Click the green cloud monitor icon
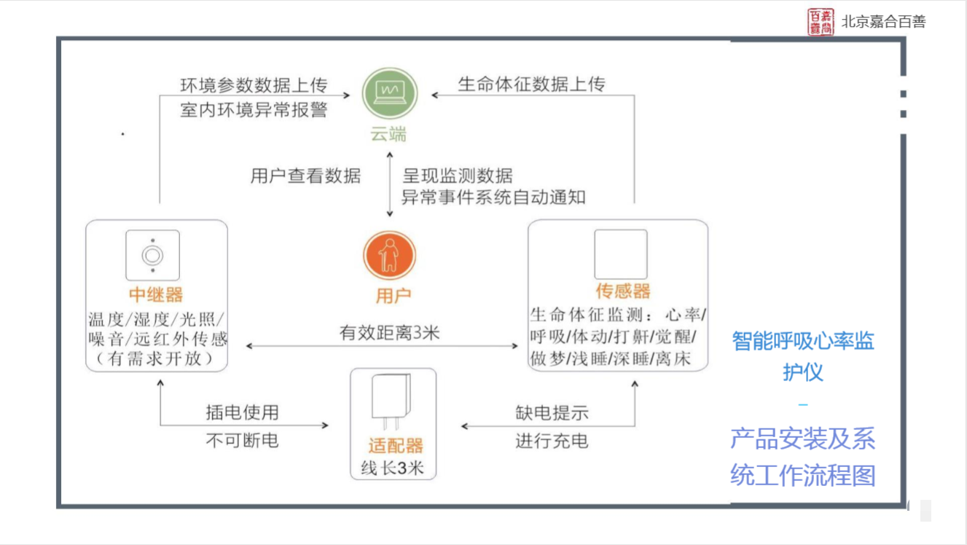point(390,94)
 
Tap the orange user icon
point(390,254)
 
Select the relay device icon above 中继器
point(152,255)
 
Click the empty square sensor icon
point(620,254)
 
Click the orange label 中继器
point(156,294)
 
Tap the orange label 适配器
point(395,445)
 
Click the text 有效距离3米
point(390,334)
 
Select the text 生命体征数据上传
point(531,85)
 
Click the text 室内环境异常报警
point(254,111)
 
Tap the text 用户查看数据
point(305,176)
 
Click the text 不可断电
point(242,440)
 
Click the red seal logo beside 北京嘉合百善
point(821,22)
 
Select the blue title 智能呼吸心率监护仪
point(803,356)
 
